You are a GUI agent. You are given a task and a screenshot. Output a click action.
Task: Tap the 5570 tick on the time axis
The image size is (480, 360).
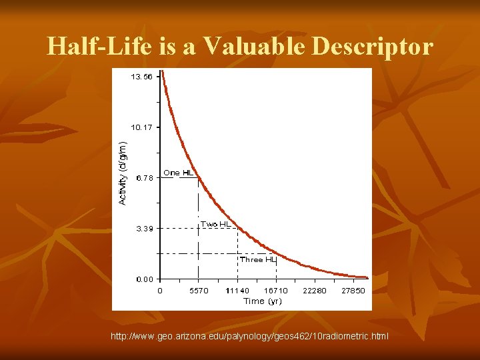198,291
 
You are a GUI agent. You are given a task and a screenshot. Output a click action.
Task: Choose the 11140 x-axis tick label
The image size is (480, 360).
237,291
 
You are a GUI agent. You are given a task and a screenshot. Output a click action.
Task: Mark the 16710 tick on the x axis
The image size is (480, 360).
276,291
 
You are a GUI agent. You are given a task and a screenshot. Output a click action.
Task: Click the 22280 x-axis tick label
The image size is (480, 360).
315,291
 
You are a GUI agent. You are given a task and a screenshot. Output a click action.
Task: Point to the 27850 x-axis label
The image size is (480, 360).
354,291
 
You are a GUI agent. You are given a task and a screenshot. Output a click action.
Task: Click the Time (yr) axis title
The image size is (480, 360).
263,301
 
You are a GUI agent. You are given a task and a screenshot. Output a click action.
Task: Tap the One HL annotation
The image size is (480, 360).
178,173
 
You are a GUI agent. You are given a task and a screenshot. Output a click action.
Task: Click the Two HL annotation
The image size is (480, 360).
216,225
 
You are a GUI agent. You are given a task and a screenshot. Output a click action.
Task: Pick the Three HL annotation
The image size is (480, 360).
257,259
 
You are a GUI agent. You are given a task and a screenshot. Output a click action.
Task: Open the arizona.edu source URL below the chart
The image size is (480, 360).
249,337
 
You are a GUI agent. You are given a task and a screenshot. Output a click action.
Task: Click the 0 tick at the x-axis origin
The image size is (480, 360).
159,291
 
